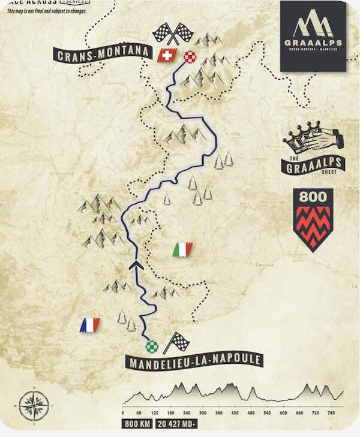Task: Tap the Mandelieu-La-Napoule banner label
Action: click(194, 360)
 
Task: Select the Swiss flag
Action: click(165, 56)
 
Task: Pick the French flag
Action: click(90, 325)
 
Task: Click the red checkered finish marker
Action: click(190, 58)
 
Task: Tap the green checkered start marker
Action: click(152, 346)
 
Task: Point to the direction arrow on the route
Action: click(136, 264)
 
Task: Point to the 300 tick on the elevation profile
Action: click(203, 413)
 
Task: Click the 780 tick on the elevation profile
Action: click(331, 413)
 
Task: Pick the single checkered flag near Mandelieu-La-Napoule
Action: click(177, 342)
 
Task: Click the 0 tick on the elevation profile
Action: click(123, 413)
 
